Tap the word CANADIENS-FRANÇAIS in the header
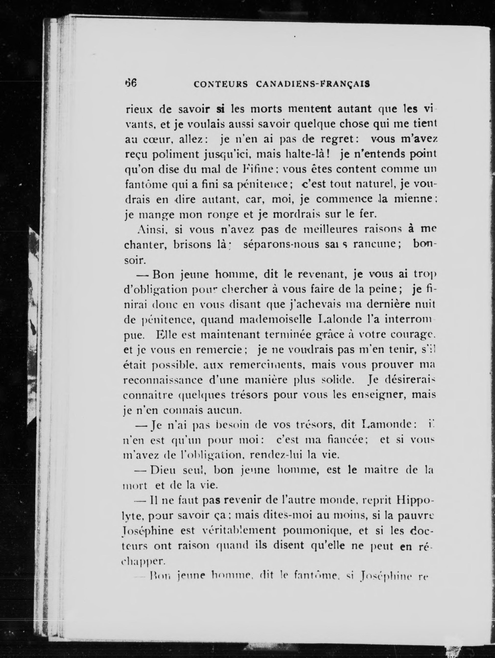tap(313, 84)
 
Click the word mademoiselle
tap(275, 319)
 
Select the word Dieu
tap(163, 470)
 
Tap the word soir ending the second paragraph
tap(134, 260)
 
